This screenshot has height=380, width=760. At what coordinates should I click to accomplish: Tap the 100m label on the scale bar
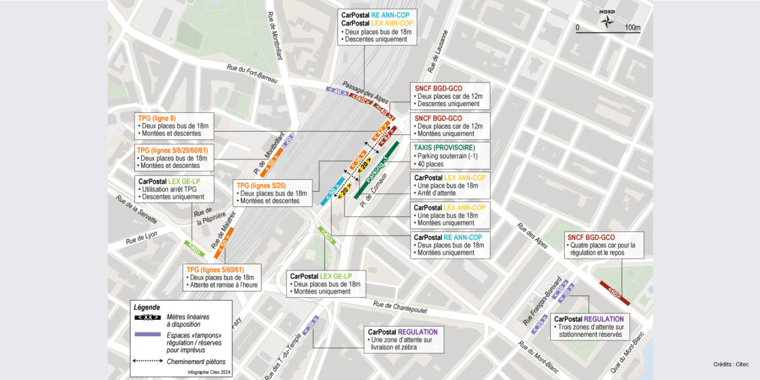tap(631, 28)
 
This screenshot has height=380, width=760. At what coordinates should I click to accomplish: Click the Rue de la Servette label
tap(136, 208)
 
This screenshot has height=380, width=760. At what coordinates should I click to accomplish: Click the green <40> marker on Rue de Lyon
tap(194, 248)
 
